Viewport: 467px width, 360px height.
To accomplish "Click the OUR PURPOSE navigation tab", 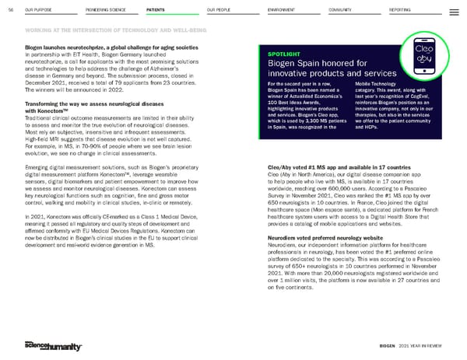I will tap(39, 9).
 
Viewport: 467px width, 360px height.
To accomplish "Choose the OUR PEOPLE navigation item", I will tap(221, 9).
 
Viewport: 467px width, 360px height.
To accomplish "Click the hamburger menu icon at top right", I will tap(455, 9).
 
